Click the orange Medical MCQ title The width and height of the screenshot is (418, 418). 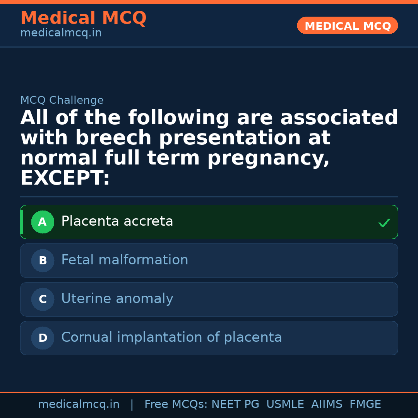coord(83,18)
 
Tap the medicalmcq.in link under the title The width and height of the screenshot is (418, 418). coord(61,33)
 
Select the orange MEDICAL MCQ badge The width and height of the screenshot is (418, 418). coord(348,26)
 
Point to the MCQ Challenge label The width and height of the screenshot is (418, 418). coord(62,101)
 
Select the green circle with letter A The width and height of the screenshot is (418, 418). coord(43,222)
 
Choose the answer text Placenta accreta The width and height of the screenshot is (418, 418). coord(117,221)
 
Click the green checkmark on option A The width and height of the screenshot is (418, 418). coord(384,223)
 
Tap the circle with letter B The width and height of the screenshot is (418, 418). coord(43,261)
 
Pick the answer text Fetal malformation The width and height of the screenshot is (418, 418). coord(125,260)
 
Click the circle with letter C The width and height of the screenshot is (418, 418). coord(43,300)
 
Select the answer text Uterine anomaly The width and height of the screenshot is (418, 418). coord(117,299)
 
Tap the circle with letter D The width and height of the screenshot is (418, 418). coord(43,338)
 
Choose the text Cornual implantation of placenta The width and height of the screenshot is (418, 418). coord(171,337)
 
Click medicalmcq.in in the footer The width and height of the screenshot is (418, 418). coord(79,404)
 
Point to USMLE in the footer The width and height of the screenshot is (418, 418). coord(285,404)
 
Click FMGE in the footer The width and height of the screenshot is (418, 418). coord(365,404)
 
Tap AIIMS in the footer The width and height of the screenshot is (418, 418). coord(327,404)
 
